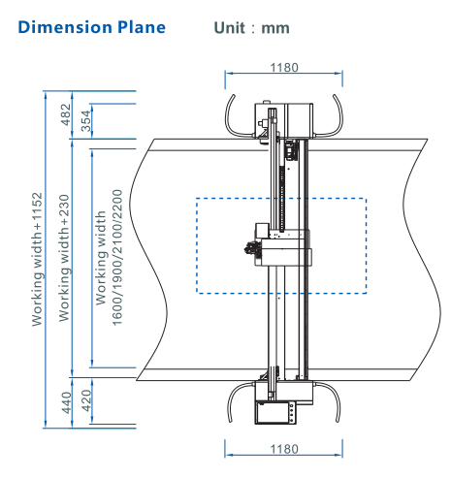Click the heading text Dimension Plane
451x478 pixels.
point(92,27)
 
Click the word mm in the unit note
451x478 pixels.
point(275,28)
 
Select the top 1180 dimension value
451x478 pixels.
point(284,68)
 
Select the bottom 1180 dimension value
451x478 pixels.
point(284,449)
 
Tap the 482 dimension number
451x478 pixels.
point(66,114)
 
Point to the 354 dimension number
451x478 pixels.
point(85,121)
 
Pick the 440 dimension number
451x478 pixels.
point(66,402)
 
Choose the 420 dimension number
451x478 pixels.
point(86,400)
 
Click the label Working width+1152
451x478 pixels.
point(37,259)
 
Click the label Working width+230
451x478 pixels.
point(64,258)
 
